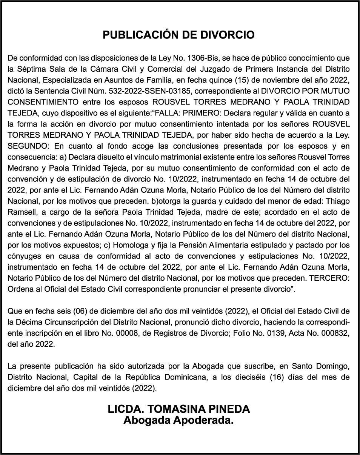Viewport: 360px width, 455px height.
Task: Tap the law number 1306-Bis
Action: click(204, 58)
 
